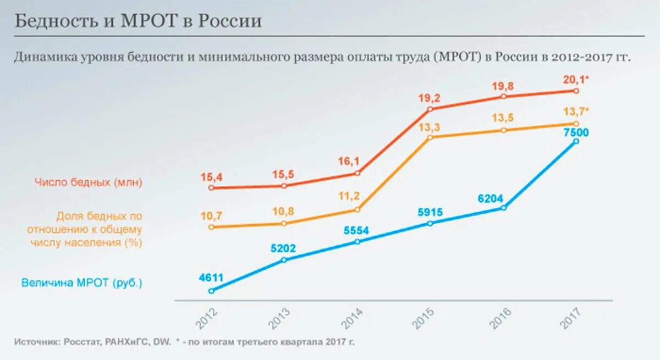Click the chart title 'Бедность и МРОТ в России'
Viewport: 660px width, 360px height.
click(x=137, y=22)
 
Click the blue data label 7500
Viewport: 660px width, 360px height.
click(x=576, y=132)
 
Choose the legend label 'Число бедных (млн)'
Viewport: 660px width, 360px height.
click(x=88, y=182)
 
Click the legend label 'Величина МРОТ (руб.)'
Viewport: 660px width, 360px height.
click(x=82, y=284)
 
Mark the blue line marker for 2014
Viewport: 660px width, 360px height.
click(x=358, y=241)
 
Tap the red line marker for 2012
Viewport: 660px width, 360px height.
click(x=212, y=188)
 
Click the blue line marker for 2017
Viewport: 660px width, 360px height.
click(x=576, y=141)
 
